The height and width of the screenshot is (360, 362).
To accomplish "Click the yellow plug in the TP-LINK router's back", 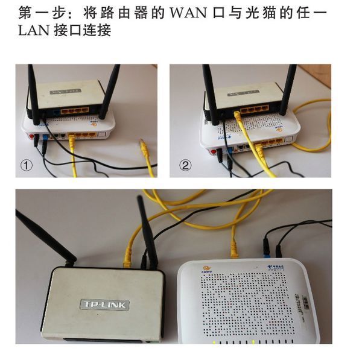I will (128, 259).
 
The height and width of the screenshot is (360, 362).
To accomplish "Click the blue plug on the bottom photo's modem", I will (265, 246).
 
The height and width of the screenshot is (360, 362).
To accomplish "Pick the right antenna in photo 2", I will (288, 90).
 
